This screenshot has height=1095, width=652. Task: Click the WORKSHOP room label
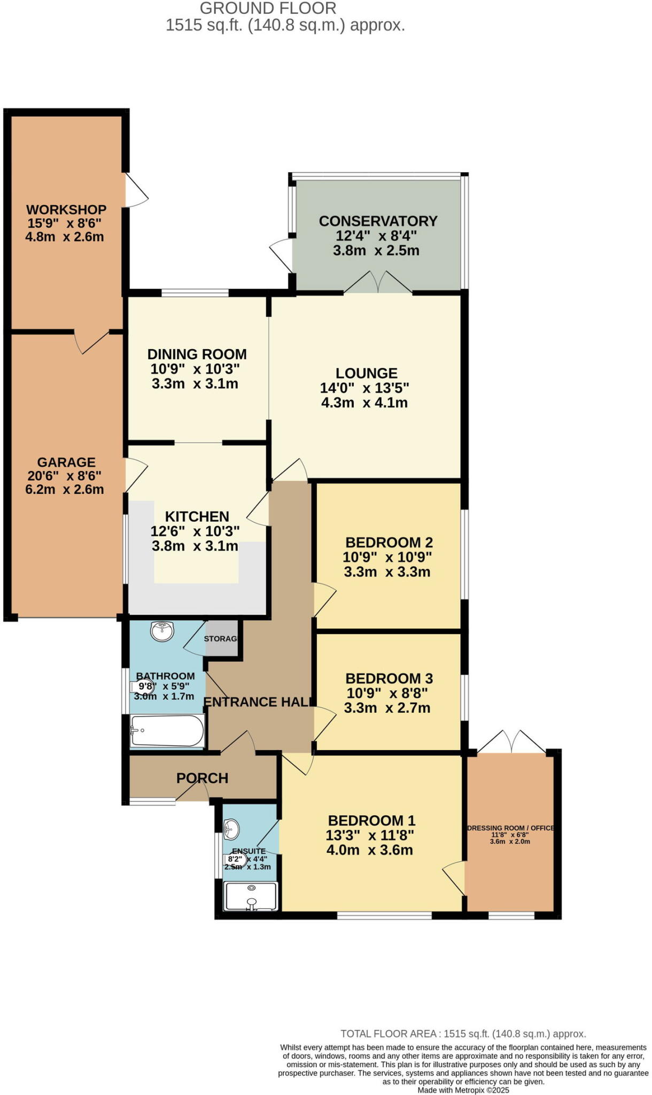pyautogui.click(x=66, y=210)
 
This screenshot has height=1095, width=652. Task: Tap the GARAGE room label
pyautogui.click(x=66, y=462)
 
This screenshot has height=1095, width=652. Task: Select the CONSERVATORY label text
pyautogui.click(x=378, y=221)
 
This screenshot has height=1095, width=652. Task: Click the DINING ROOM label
pyautogui.click(x=197, y=354)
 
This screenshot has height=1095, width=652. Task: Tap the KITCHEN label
pyautogui.click(x=197, y=516)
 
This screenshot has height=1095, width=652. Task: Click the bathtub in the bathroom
pyautogui.click(x=167, y=731)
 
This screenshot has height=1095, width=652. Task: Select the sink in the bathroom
pyautogui.click(x=162, y=631)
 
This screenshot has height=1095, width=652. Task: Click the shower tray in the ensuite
pyautogui.click(x=252, y=896)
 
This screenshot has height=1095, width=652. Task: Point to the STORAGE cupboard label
pyautogui.click(x=221, y=639)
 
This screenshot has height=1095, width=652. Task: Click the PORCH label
pyautogui.click(x=202, y=778)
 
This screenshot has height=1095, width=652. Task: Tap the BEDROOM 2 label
pyautogui.click(x=389, y=543)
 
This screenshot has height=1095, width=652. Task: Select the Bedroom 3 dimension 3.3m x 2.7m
pyautogui.click(x=387, y=708)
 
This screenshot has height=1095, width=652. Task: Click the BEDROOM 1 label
pyautogui.click(x=371, y=821)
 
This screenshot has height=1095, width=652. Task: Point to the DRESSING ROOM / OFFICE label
pyautogui.click(x=510, y=828)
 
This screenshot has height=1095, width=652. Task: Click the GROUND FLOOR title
pyautogui.click(x=268, y=9)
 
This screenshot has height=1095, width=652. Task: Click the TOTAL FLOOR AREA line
pyautogui.click(x=463, y=1034)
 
